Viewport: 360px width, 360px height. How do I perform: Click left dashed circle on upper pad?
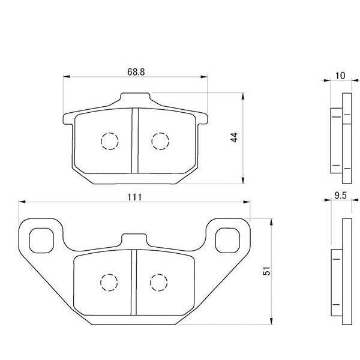110,140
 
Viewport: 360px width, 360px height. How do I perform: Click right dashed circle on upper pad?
160,140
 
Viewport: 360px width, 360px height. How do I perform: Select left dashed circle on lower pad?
109,281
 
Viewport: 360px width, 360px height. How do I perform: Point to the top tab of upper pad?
135,98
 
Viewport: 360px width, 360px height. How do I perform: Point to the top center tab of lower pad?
134,239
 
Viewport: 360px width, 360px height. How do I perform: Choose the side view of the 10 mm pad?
340,138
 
